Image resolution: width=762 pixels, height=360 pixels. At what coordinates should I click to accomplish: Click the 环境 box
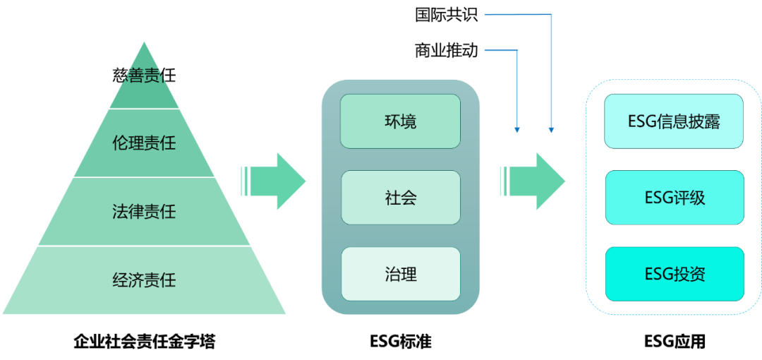click(400, 121)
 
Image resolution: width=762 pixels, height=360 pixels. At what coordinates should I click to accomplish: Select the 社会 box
click(400, 198)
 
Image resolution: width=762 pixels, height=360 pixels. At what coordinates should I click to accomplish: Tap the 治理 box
click(400, 274)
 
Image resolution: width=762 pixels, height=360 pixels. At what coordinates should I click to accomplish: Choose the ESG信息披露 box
click(674, 121)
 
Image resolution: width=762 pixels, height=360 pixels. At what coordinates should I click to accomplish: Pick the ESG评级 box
click(674, 198)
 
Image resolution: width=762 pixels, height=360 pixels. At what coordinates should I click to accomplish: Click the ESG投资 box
click(674, 274)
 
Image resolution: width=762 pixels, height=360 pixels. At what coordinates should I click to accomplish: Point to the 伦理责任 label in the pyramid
click(144, 143)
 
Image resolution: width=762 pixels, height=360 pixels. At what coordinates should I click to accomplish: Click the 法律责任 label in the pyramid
click(144, 211)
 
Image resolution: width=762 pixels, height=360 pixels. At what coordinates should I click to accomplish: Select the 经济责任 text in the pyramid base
click(144, 280)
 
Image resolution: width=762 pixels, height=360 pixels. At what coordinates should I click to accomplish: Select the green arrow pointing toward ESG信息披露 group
click(533, 181)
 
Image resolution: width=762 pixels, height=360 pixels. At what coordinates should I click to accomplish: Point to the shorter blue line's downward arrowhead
click(517, 131)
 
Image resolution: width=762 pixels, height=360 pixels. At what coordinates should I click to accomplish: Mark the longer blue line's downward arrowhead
click(551, 131)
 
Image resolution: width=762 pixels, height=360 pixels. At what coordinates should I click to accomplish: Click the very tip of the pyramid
click(144, 41)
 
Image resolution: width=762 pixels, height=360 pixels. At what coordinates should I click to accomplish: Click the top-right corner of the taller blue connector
click(551, 14)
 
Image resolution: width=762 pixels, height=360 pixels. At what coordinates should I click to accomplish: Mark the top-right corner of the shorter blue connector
click(517, 50)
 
